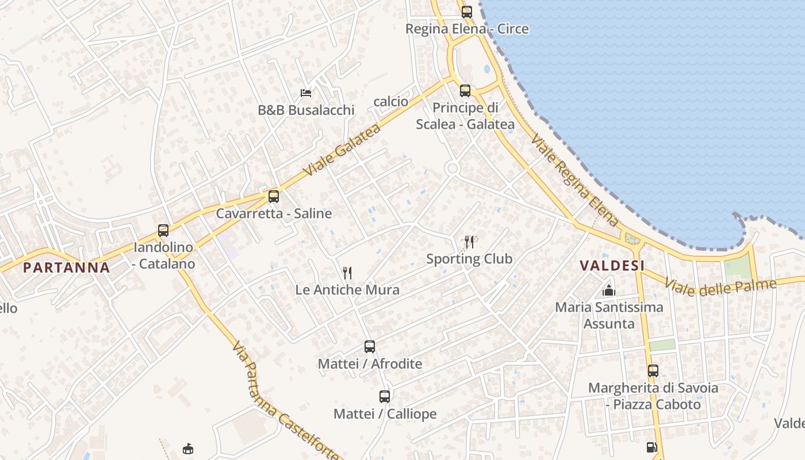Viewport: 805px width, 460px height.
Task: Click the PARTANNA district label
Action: click(67, 267)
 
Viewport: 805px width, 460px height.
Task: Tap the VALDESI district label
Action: click(612, 265)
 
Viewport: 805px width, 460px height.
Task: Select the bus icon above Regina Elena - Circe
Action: click(466, 11)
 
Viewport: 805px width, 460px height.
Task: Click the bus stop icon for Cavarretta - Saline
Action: click(274, 197)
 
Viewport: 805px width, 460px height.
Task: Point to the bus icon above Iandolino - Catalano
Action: click(163, 231)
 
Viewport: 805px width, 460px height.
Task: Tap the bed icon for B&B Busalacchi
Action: click(306, 93)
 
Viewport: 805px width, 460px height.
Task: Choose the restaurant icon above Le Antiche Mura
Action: click(347, 273)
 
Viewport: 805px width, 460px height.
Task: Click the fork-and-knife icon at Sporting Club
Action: click(469, 241)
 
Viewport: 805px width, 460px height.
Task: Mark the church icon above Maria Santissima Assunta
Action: click(609, 290)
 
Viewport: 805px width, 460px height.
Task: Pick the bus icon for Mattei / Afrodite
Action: click(370, 347)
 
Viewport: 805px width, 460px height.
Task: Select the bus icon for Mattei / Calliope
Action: click(385, 397)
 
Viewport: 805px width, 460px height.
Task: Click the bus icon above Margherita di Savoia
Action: click(653, 371)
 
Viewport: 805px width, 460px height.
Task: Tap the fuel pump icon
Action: click(651, 447)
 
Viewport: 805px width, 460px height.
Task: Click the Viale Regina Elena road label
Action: click(574, 180)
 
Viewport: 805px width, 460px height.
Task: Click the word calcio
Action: click(391, 102)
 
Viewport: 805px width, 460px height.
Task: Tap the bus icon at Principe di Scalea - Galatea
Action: click(465, 91)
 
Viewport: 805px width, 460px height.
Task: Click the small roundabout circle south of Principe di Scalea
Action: click(452, 168)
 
